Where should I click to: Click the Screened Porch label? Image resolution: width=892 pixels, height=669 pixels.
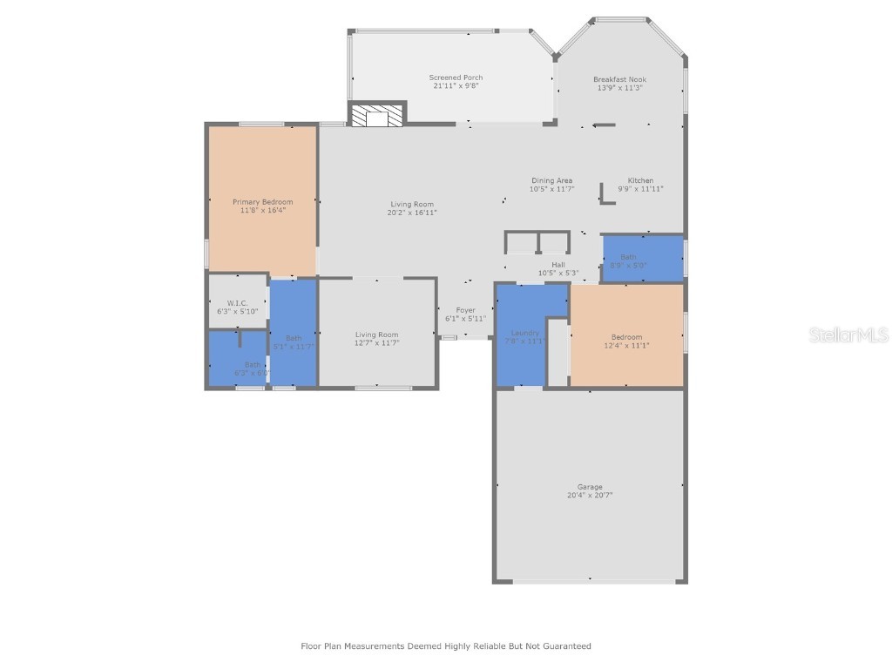pos(456,78)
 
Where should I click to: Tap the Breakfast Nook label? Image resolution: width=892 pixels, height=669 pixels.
pos(619,79)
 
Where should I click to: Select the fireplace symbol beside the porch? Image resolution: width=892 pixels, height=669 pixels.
pos(377,114)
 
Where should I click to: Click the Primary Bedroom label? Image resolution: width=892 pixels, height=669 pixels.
pos(262,201)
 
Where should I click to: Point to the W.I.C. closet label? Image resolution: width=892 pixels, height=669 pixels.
pos(238,303)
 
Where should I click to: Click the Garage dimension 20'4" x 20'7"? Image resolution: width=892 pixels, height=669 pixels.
pos(590,495)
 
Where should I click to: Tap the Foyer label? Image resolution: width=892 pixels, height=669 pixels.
pos(465,310)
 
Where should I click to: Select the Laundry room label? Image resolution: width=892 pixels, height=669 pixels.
pos(525,333)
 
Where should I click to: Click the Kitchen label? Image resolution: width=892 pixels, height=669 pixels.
pos(640,180)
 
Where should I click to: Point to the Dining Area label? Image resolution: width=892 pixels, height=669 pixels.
pos(551,180)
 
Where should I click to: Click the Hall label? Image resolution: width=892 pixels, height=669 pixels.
pos(557,265)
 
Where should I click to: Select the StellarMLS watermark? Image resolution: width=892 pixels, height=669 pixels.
pos(848,334)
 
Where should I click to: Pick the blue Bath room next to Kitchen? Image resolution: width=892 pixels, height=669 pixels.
pos(642,259)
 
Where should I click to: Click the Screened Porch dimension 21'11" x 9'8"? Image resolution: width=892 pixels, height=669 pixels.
pos(456,85)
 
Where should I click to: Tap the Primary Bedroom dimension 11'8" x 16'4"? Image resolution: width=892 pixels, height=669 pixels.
pos(262,209)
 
